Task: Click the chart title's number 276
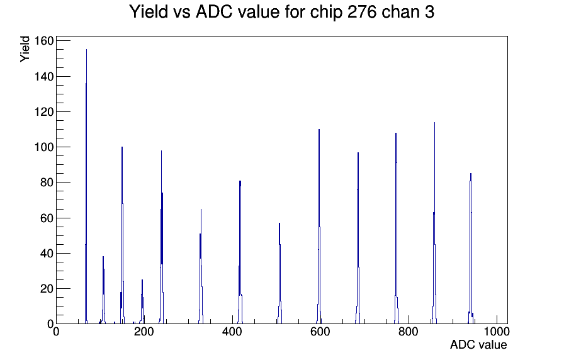click(362, 12)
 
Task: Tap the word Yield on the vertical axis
click(25, 49)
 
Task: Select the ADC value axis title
click(478, 344)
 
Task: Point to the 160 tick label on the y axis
click(44, 41)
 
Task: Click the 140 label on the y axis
click(44, 76)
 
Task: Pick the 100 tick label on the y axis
click(44, 147)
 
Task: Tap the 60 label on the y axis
click(47, 218)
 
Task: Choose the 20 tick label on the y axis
click(47, 288)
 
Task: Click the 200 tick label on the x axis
click(144, 331)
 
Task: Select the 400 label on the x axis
click(232, 331)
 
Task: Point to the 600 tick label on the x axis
click(320, 331)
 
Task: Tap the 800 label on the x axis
click(409, 331)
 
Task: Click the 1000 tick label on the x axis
click(497, 331)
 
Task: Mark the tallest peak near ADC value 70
click(86, 50)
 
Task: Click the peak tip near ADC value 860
click(434, 123)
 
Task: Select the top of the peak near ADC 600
click(319, 130)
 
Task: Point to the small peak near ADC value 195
click(142, 280)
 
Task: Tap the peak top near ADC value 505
click(279, 223)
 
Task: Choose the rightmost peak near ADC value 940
click(470, 174)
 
